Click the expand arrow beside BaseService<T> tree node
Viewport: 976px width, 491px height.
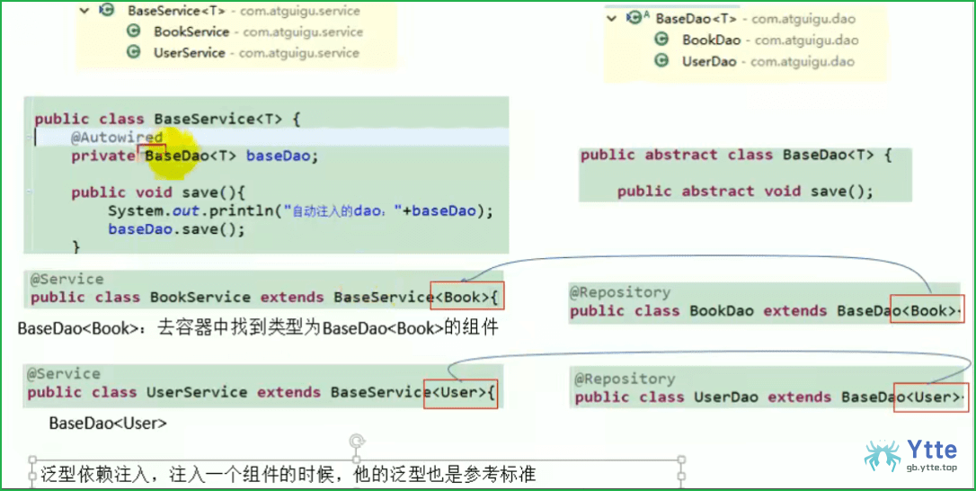coord(85,11)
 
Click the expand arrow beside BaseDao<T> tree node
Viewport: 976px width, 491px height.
coord(612,19)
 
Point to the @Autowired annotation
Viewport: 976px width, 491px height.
coord(117,137)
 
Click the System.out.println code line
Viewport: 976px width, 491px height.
coord(301,211)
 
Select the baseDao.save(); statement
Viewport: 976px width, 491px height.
coord(177,229)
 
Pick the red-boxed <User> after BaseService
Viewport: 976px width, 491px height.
coord(461,393)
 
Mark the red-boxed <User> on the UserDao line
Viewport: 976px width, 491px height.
coord(932,397)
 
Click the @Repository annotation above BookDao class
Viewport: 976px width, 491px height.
coord(620,292)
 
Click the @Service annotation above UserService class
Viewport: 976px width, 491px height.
coord(64,374)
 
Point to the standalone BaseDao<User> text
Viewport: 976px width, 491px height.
coord(109,424)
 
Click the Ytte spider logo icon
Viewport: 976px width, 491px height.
coord(882,455)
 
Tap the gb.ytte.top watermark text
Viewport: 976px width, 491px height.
coord(931,468)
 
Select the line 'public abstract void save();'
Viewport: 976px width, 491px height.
coord(746,192)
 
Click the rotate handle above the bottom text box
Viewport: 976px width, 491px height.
coord(357,442)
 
